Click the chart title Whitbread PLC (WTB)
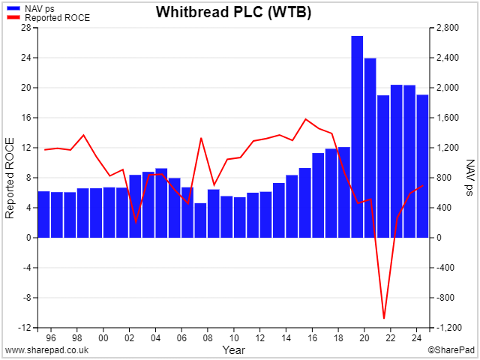(x=233, y=12)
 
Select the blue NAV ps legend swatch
(x=13, y=8)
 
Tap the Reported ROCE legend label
(x=58, y=18)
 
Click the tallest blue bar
(x=357, y=136)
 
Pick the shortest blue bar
(x=200, y=220)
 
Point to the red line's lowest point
(x=384, y=318)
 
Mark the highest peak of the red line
(x=305, y=118)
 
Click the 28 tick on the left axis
(x=26, y=28)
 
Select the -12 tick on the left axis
(x=25, y=328)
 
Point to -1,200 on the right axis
(x=448, y=328)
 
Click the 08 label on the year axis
(x=208, y=338)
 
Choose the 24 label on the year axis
(x=416, y=338)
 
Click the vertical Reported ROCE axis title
(x=10, y=178)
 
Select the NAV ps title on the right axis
(x=470, y=178)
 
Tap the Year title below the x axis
(x=234, y=350)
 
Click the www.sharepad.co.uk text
(x=46, y=350)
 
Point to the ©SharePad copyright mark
(x=451, y=350)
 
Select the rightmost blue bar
(x=422, y=166)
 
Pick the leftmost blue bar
(x=43, y=214)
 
